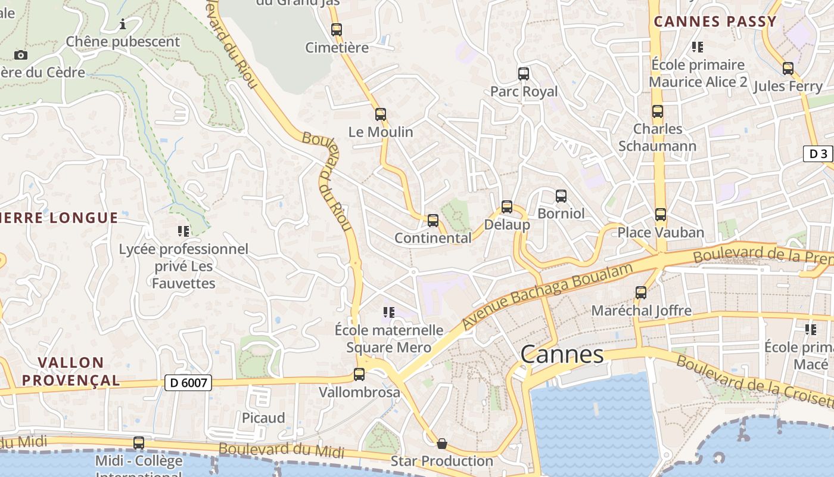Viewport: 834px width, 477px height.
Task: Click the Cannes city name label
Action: (x=562, y=354)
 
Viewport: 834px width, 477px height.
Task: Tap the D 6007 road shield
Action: (x=188, y=382)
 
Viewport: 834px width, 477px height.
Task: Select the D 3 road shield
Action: (x=817, y=154)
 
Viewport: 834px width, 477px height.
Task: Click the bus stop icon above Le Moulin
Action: (x=381, y=114)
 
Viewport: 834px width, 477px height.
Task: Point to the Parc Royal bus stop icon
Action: (x=524, y=74)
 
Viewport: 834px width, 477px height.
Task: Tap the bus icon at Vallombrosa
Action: (x=359, y=374)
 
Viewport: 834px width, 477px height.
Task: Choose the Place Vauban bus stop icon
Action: (x=660, y=215)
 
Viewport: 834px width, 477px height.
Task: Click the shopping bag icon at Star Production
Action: (x=442, y=444)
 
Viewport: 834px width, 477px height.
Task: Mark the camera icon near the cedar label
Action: (x=21, y=55)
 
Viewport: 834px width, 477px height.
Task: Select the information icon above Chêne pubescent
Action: (x=123, y=24)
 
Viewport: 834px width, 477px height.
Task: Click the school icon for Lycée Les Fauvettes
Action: (x=183, y=231)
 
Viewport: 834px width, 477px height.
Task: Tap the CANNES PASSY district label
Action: (x=715, y=21)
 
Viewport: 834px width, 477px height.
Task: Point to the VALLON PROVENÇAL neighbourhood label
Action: (x=71, y=371)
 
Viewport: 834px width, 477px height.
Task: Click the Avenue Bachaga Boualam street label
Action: (x=547, y=296)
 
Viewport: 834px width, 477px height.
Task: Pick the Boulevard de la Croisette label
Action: (x=754, y=382)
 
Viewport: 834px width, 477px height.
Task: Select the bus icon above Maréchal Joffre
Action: (x=641, y=293)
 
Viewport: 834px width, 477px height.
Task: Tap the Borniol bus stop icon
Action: (x=561, y=196)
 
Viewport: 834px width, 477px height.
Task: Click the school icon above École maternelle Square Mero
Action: (x=389, y=312)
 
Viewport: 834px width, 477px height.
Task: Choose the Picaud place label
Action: (x=263, y=417)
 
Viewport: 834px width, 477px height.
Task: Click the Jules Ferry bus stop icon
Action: (x=788, y=69)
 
